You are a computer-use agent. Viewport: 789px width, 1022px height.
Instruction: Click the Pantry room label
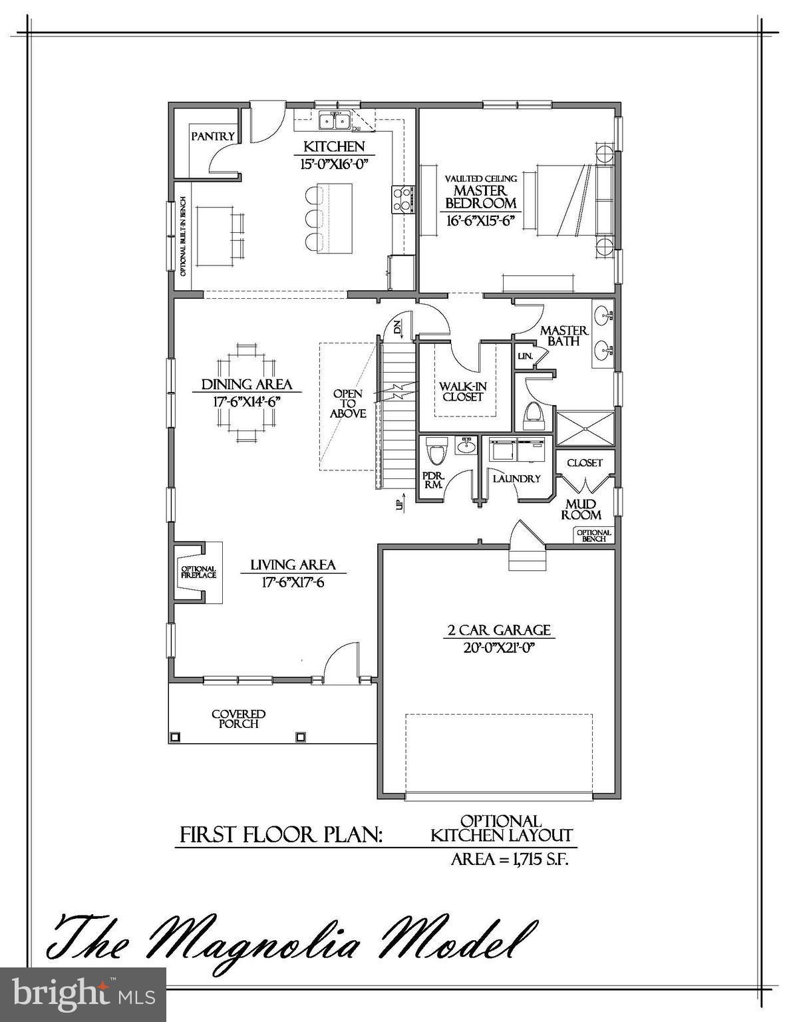coord(213,136)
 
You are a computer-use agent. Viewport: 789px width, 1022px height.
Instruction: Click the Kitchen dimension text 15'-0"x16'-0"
coord(335,164)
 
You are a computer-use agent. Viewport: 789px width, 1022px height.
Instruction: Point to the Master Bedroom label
coord(480,198)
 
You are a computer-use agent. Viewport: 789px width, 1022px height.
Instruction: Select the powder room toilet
coord(436,452)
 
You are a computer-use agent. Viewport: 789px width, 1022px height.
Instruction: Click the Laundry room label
coord(516,478)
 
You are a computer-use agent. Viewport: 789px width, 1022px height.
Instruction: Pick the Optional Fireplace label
coord(198,572)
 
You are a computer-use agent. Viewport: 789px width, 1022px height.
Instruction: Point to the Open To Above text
coord(348,404)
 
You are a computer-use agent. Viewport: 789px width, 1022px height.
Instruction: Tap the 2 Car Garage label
coord(498,629)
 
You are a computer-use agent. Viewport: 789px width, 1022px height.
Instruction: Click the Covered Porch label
coord(239,719)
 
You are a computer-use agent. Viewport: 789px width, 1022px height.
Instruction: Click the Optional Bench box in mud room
coord(593,536)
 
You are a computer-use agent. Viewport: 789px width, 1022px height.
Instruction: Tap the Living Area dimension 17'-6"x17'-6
coord(293,582)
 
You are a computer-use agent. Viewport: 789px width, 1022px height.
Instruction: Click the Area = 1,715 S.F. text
coord(510,859)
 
